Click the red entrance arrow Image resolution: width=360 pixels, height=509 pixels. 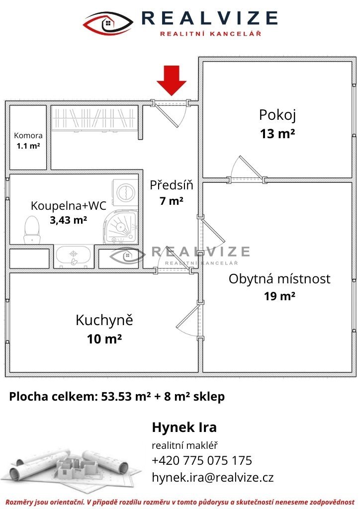coord(172,80)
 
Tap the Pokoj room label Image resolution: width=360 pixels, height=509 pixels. coord(277,115)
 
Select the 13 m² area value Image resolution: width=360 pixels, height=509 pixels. coord(277,133)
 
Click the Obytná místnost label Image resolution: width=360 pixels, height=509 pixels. coord(279,279)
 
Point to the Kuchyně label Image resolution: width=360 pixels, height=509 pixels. coord(104,320)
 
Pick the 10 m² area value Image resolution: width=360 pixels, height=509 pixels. coord(104,339)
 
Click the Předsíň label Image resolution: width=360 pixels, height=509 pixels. coord(172,185)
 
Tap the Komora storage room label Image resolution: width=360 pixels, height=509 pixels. coord(28,135)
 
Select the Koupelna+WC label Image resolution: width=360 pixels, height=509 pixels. coord(69,205)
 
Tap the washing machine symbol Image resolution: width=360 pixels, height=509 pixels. coord(125,193)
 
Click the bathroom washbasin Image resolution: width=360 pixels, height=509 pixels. coord(74,256)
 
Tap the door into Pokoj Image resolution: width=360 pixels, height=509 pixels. coord(247,170)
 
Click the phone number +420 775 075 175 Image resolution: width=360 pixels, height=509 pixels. coord(201,460)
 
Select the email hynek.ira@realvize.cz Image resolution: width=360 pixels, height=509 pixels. coord(213,477)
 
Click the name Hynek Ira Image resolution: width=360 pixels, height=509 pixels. coord(184,427)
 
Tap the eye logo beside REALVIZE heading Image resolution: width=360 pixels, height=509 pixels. coord(108,23)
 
